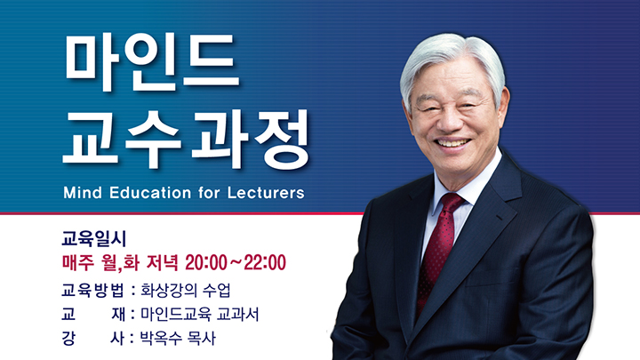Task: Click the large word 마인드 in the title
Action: tap(151, 62)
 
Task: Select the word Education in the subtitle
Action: tap(150, 193)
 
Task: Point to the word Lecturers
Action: tap(266, 193)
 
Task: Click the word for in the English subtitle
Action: tap(209, 193)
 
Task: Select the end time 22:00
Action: tap(265, 262)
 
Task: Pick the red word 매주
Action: tap(78, 262)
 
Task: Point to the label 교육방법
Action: tap(93, 290)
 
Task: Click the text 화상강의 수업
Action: tap(186, 290)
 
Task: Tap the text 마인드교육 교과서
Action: tap(200, 315)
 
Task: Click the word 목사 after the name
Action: tap(201, 339)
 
